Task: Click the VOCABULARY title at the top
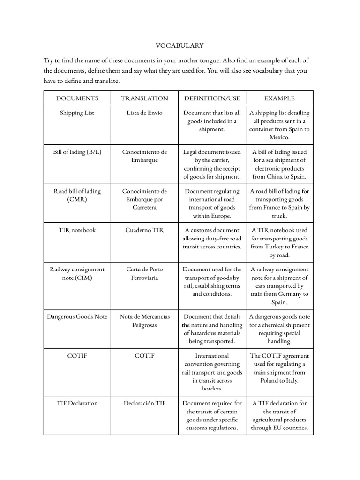pos(180,45)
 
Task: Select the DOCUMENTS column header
pos(77,98)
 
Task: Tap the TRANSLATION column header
pos(144,98)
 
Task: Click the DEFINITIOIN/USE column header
pos(212,98)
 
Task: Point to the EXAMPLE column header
pos(279,98)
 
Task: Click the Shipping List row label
pos(77,113)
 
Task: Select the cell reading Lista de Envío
pos(144,113)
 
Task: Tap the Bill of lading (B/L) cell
pos(77,152)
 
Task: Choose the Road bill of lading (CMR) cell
pos(77,195)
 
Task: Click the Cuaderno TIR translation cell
pos(144,230)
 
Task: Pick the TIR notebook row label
pos(77,230)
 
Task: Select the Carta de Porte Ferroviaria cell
pos(144,273)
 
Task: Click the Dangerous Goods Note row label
pos(77,316)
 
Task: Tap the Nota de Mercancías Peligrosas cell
pos(144,321)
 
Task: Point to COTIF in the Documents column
pos(77,356)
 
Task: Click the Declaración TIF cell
pos(144,403)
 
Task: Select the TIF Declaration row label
pos(77,403)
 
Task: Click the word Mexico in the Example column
pos(279,138)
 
